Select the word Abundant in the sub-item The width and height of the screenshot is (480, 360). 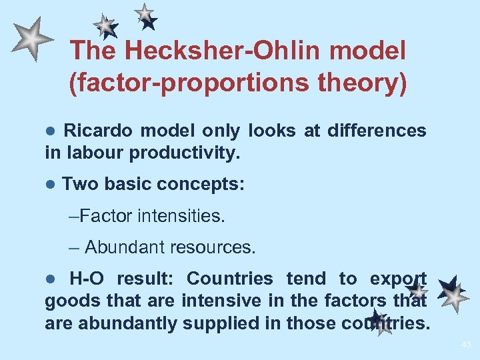[x=125, y=247]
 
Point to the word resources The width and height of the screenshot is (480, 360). [x=213, y=247]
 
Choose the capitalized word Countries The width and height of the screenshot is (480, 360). [x=230, y=279]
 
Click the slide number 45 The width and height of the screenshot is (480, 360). [x=465, y=345]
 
